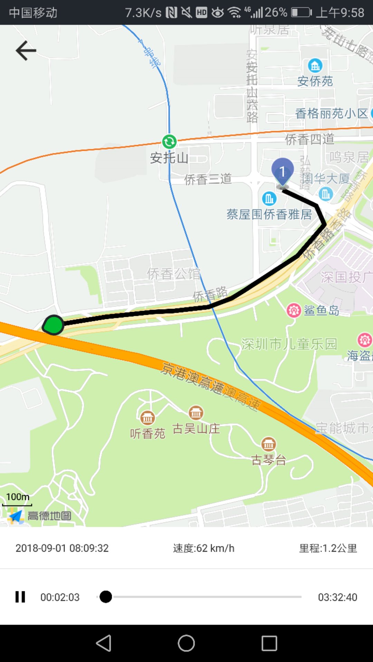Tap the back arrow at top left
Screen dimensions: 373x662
point(26,51)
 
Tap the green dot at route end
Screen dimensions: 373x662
point(54,325)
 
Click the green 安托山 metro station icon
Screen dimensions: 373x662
point(169,141)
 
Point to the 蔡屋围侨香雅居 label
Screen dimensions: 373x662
point(269,214)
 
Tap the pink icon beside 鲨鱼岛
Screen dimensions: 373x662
point(294,310)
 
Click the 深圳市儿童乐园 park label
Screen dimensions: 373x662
point(289,344)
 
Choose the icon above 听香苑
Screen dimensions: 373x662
point(147,418)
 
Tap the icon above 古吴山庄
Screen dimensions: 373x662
point(196,412)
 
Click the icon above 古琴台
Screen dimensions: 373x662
point(268,444)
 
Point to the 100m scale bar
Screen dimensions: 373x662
point(17,500)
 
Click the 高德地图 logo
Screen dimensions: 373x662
point(40,516)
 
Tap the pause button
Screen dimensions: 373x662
point(20,597)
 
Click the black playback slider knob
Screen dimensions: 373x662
point(106,597)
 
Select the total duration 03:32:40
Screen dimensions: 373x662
point(337,597)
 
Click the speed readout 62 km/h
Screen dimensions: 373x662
point(204,548)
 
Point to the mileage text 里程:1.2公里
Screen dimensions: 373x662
point(328,548)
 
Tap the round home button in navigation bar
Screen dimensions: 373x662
point(186,643)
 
